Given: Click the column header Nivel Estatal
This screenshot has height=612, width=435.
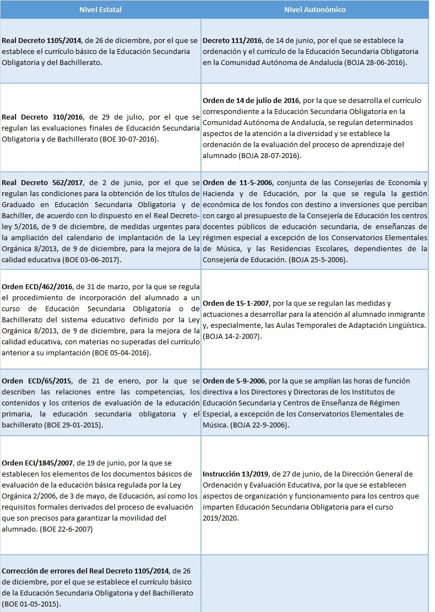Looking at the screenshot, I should click(101, 10).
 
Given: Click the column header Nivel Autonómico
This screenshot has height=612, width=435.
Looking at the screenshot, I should click(315, 10).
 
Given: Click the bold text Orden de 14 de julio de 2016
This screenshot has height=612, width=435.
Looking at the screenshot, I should click(251, 101).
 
